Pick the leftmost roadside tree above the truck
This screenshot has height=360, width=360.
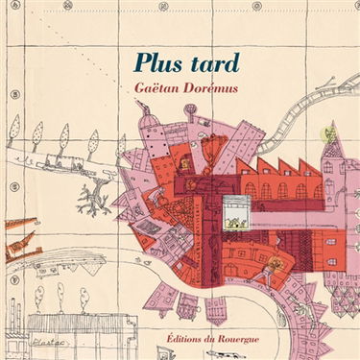(x=14, y=127)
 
